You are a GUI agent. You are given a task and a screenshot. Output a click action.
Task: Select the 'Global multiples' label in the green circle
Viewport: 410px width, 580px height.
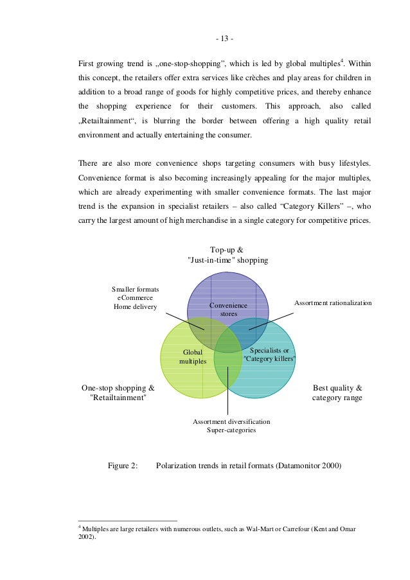pyautogui.click(x=193, y=356)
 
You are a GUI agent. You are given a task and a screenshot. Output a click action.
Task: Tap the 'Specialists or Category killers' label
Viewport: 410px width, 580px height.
pyautogui.click(x=269, y=355)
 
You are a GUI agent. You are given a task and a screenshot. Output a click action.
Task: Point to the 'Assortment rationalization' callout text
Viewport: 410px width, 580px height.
pyautogui.click(x=332, y=302)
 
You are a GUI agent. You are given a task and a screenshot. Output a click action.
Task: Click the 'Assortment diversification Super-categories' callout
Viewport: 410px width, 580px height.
pyautogui.click(x=231, y=426)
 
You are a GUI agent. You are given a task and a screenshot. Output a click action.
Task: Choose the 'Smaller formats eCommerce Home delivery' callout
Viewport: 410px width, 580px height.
pyautogui.click(x=136, y=298)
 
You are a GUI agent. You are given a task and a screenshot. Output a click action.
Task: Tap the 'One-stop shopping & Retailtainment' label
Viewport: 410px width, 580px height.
pyautogui.click(x=118, y=393)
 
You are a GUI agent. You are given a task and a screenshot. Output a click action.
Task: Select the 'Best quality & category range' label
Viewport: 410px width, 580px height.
pyautogui.click(x=337, y=393)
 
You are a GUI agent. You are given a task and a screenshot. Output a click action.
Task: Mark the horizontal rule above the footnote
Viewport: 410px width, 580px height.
pyautogui.click(x=127, y=520)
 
